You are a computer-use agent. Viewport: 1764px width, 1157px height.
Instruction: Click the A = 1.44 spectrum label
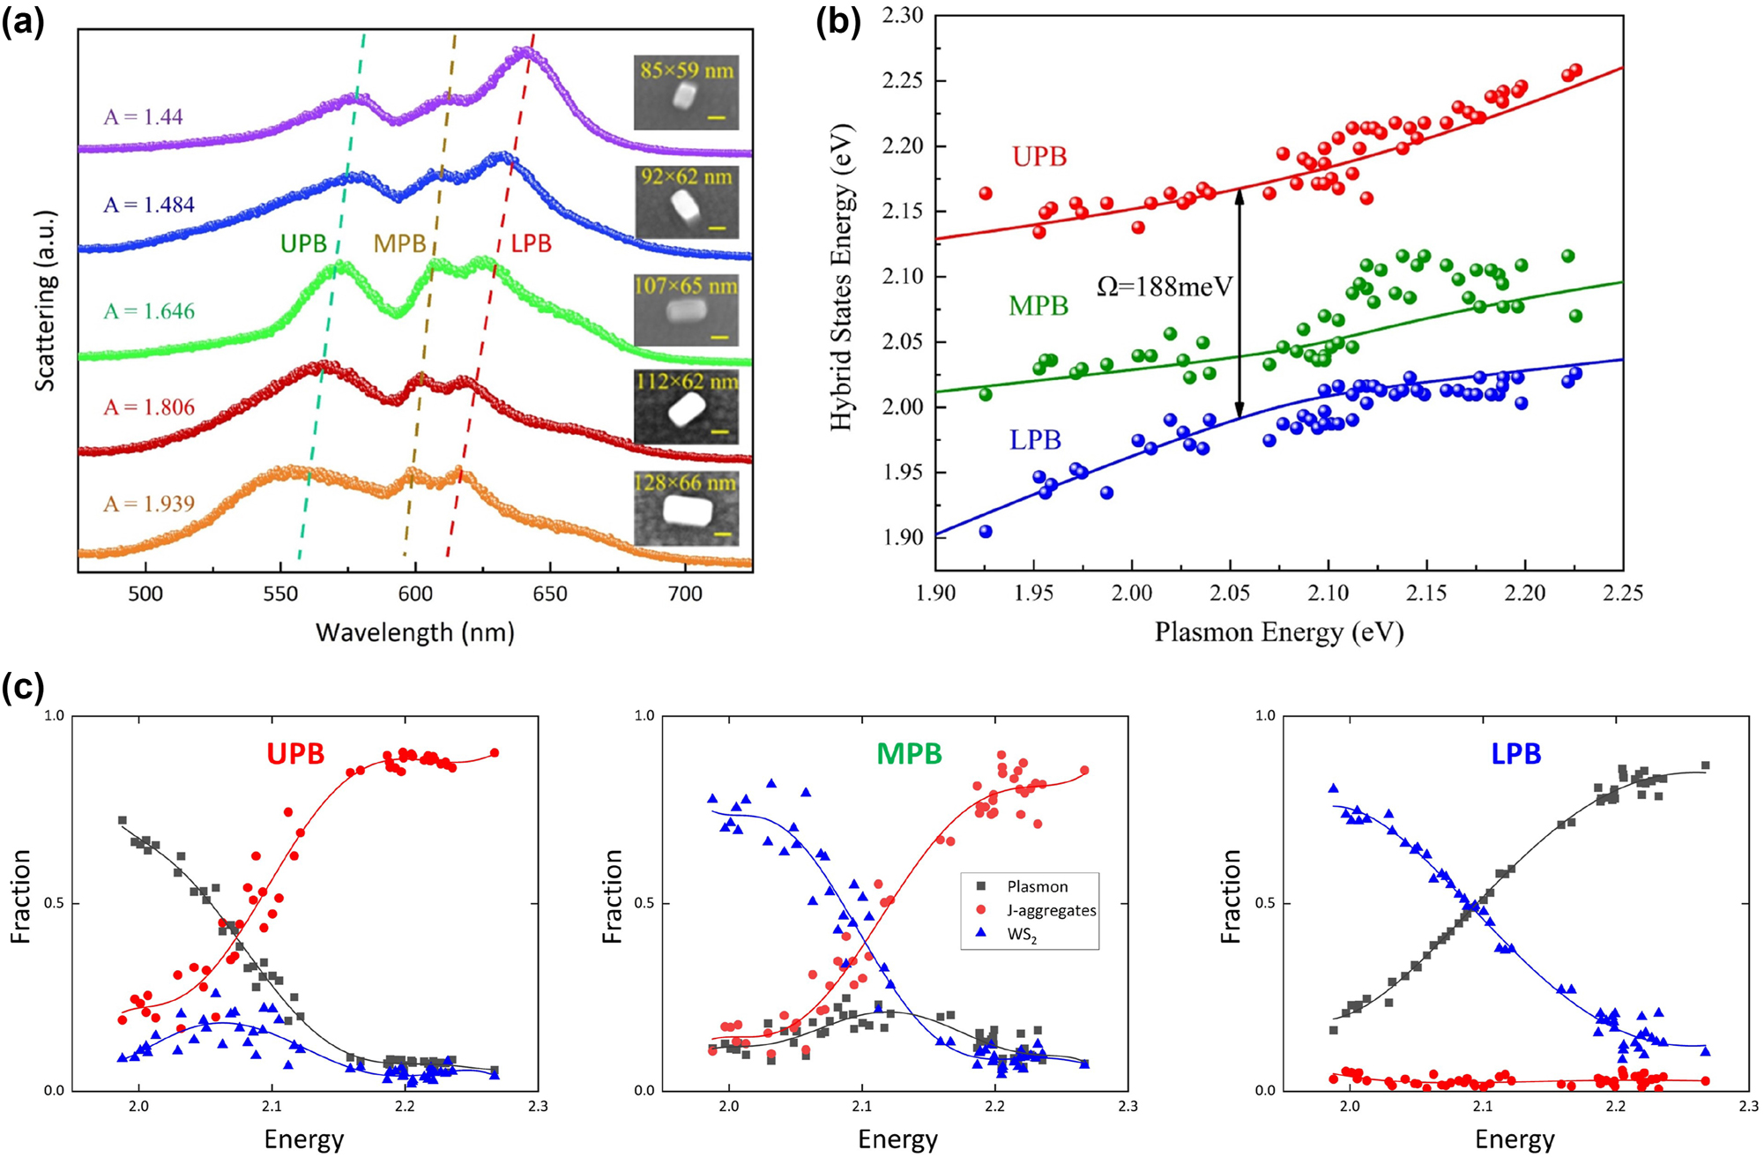pyautogui.click(x=143, y=116)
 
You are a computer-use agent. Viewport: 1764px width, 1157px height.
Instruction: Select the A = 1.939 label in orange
pyautogui.click(x=148, y=504)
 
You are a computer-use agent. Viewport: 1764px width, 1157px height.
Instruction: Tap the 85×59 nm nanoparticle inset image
pyautogui.click(x=686, y=93)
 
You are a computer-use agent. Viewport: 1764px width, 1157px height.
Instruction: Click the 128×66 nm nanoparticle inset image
pyautogui.click(x=686, y=508)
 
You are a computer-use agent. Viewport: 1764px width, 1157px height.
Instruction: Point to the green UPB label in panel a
pyautogui.click(x=303, y=244)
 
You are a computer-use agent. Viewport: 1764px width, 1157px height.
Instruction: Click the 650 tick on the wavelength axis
pyautogui.click(x=550, y=593)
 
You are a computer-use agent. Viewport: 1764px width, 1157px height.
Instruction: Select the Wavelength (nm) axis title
pyautogui.click(x=414, y=632)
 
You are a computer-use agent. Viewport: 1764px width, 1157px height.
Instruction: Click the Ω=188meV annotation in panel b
pyautogui.click(x=1164, y=287)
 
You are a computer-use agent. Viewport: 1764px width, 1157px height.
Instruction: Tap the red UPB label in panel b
pyautogui.click(x=1039, y=157)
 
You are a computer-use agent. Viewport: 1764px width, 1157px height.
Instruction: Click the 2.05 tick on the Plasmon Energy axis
pyautogui.click(x=1230, y=593)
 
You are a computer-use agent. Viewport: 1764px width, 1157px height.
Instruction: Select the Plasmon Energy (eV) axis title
pyautogui.click(x=1278, y=632)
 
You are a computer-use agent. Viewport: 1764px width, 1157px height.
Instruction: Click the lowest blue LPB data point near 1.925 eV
pyautogui.click(x=986, y=532)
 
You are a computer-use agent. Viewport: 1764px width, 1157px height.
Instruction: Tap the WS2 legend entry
pyautogui.click(x=1023, y=935)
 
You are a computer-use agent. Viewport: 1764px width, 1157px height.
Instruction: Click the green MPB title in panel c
pyautogui.click(x=909, y=754)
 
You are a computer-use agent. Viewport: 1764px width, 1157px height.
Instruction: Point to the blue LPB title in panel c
pyautogui.click(x=1515, y=754)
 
